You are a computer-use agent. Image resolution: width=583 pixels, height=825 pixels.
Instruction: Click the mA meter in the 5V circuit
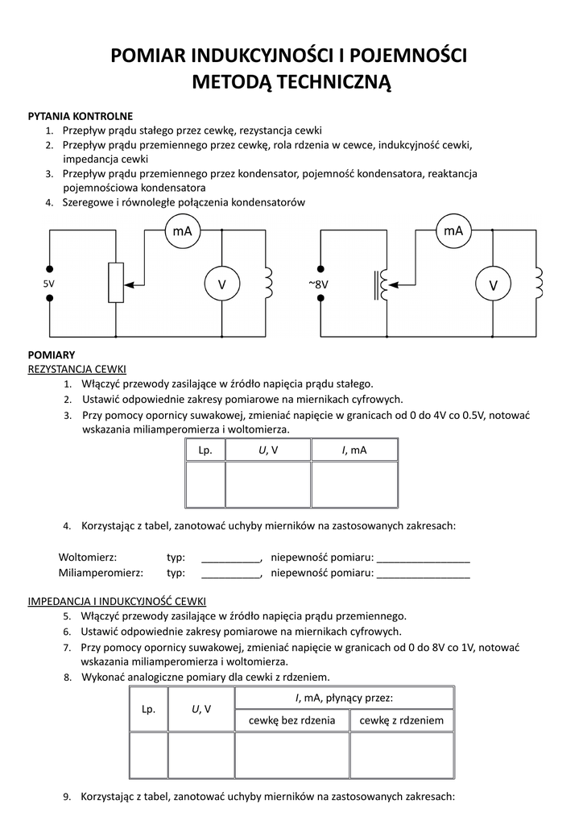(x=182, y=231)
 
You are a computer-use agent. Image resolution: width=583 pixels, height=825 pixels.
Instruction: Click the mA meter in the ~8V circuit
(x=453, y=231)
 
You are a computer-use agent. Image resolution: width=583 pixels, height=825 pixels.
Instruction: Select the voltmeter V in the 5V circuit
(x=221, y=285)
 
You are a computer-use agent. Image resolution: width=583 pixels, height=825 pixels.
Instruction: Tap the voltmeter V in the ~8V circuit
(x=494, y=285)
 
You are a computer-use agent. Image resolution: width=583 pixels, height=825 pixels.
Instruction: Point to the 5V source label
(x=49, y=284)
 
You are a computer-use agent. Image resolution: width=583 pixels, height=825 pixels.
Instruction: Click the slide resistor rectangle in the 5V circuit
(x=116, y=283)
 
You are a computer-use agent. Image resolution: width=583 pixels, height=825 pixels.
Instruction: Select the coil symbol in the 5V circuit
(x=267, y=283)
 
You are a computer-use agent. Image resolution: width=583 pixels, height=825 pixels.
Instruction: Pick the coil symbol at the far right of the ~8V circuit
(x=537, y=283)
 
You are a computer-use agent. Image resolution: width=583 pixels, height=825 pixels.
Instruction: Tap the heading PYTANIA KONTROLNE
(x=81, y=116)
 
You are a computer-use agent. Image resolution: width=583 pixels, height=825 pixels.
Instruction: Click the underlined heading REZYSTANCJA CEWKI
(x=77, y=369)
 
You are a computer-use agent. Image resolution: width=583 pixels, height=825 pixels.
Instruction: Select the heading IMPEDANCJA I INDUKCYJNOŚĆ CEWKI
(x=117, y=601)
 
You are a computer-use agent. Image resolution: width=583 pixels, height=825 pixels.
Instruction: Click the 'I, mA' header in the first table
(x=354, y=450)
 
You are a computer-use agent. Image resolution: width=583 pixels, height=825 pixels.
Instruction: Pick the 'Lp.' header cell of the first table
(x=205, y=450)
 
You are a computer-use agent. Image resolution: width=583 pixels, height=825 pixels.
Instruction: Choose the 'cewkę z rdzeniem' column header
(x=402, y=720)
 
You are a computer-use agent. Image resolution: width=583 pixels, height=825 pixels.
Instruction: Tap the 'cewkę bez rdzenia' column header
(x=291, y=720)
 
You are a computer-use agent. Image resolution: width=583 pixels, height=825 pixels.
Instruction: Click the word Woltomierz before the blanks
(x=88, y=558)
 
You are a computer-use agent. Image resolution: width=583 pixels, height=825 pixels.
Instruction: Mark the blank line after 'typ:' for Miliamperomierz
(x=230, y=574)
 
